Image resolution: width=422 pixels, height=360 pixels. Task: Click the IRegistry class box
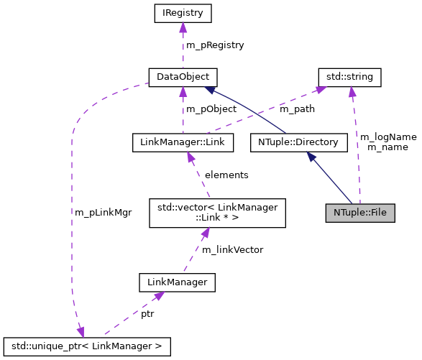point(183,13)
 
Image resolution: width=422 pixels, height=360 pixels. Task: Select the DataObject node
point(183,76)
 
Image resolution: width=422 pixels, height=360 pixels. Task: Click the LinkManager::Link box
point(183,142)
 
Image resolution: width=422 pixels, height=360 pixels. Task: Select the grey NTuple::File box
point(360,213)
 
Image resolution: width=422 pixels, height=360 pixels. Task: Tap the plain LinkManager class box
point(177,283)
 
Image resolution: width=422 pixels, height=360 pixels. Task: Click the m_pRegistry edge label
point(215,45)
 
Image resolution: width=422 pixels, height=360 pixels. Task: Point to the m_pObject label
point(211,109)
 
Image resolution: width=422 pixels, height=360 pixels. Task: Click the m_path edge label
point(296,109)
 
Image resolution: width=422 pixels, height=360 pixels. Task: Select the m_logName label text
point(387,137)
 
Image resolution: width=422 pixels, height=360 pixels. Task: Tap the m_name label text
point(387,147)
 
